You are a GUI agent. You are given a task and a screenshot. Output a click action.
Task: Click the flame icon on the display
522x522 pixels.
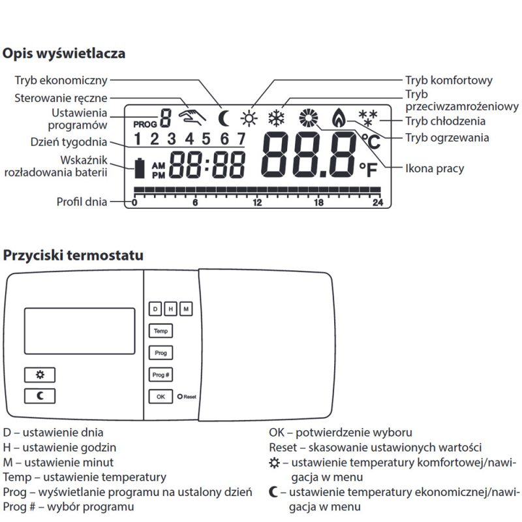click(x=338, y=118)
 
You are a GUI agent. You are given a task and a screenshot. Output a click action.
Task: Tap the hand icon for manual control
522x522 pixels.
click(x=192, y=118)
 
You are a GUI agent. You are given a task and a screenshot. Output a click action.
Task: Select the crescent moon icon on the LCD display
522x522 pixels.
click(x=224, y=119)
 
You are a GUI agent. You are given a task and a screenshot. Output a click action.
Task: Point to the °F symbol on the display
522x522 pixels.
click(x=368, y=170)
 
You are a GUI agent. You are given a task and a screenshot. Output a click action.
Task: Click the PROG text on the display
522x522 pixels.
click(x=145, y=125)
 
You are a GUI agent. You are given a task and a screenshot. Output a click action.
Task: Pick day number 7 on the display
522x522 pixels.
click(x=241, y=139)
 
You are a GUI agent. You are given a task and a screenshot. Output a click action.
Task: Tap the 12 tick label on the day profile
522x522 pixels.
click(x=257, y=202)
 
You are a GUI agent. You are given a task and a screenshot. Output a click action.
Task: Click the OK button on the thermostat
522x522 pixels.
click(x=161, y=397)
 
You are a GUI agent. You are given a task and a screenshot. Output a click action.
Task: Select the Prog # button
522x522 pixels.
click(x=161, y=375)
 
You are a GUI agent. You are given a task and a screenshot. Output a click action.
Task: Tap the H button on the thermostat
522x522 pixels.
click(x=170, y=309)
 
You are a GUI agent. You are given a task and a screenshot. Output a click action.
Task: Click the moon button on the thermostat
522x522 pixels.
click(x=40, y=396)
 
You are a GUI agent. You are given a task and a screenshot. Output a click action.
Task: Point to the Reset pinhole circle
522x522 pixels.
click(x=180, y=397)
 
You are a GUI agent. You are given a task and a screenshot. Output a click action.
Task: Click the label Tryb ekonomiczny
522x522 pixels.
click(x=61, y=80)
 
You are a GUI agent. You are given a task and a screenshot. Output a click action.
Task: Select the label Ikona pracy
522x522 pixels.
click(x=435, y=168)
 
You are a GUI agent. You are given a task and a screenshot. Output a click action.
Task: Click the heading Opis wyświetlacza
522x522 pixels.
click(x=64, y=54)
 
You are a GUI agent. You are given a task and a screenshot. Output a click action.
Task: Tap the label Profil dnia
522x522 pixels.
click(x=82, y=202)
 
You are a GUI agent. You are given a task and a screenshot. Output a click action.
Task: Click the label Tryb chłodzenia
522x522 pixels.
click(x=445, y=121)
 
